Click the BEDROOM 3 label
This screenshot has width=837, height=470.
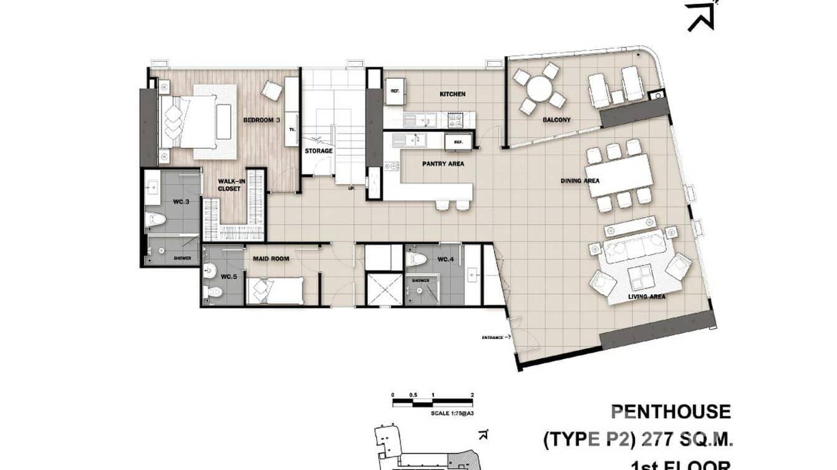point(260,120)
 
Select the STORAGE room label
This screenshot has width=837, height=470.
point(318,151)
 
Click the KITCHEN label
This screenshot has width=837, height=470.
point(452,94)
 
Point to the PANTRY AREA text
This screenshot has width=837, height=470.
point(443,165)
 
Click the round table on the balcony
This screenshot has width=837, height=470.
point(539,89)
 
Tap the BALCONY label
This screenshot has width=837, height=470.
point(556,120)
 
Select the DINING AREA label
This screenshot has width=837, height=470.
point(579,181)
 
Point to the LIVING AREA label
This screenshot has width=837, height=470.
point(646,297)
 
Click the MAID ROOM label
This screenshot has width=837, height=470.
point(271,258)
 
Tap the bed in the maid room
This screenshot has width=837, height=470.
point(274,290)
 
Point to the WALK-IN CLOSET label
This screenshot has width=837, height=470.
point(229,185)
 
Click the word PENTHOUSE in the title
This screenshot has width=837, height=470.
point(670,412)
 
